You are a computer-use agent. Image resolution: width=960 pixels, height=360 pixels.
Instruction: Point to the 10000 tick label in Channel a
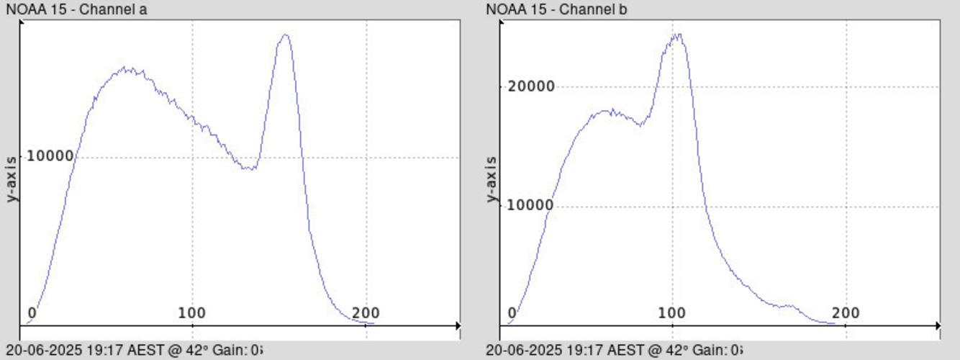tap(50, 156)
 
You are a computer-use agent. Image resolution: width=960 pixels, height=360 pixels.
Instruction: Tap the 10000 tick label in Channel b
tap(530, 206)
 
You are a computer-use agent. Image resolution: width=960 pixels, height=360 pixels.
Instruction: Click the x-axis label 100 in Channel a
tap(192, 313)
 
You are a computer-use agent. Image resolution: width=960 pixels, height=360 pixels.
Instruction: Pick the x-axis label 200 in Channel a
tap(366, 313)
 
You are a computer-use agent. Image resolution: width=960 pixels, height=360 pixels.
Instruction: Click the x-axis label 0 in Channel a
tap(32, 313)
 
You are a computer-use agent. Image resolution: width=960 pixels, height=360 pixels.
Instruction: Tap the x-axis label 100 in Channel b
tap(672, 313)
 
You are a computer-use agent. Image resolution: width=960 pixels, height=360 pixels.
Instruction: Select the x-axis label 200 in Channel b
tap(846, 313)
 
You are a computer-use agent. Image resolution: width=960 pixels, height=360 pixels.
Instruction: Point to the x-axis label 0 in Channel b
tap(512, 313)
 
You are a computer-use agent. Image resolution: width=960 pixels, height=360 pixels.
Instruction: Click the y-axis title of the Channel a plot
tap(12, 179)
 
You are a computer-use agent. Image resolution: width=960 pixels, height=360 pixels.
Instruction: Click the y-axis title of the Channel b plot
tap(492, 179)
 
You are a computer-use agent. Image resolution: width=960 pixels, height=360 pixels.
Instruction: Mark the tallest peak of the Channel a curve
tap(286, 35)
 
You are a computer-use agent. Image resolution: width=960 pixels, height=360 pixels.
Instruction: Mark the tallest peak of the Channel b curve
tap(676, 35)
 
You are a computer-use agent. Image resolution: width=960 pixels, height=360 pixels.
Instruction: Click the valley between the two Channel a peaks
tap(249, 168)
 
